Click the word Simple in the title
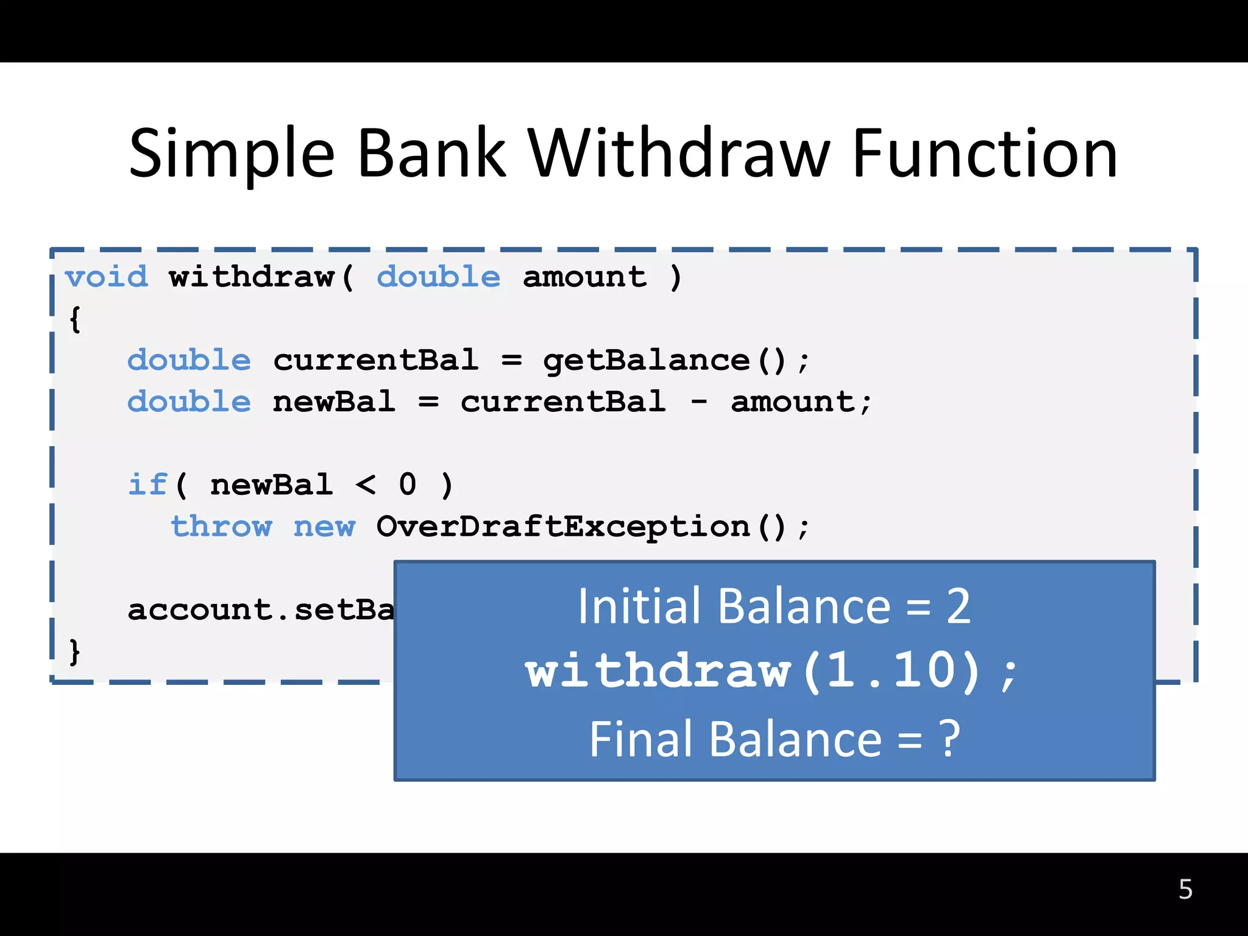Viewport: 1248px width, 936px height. (x=232, y=155)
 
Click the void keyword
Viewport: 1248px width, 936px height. (x=107, y=277)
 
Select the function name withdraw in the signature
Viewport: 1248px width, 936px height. (x=252, y=277)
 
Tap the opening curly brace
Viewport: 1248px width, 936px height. (x=75, y=319)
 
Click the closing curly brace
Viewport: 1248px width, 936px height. (x=74, y=652)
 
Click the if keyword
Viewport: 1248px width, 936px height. (x=147, y=485)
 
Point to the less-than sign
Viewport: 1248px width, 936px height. (x=366, y=485)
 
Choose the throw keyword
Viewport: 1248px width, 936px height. (x=221, y=526)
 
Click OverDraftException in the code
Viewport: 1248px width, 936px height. (x=562, y=526)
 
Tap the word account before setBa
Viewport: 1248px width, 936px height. (x=199, y=610)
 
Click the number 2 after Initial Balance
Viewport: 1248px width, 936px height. (x=958, y=606)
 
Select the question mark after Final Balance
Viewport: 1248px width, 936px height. (x=949, y=739)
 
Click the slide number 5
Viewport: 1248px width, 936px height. (x=1185, y=890)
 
